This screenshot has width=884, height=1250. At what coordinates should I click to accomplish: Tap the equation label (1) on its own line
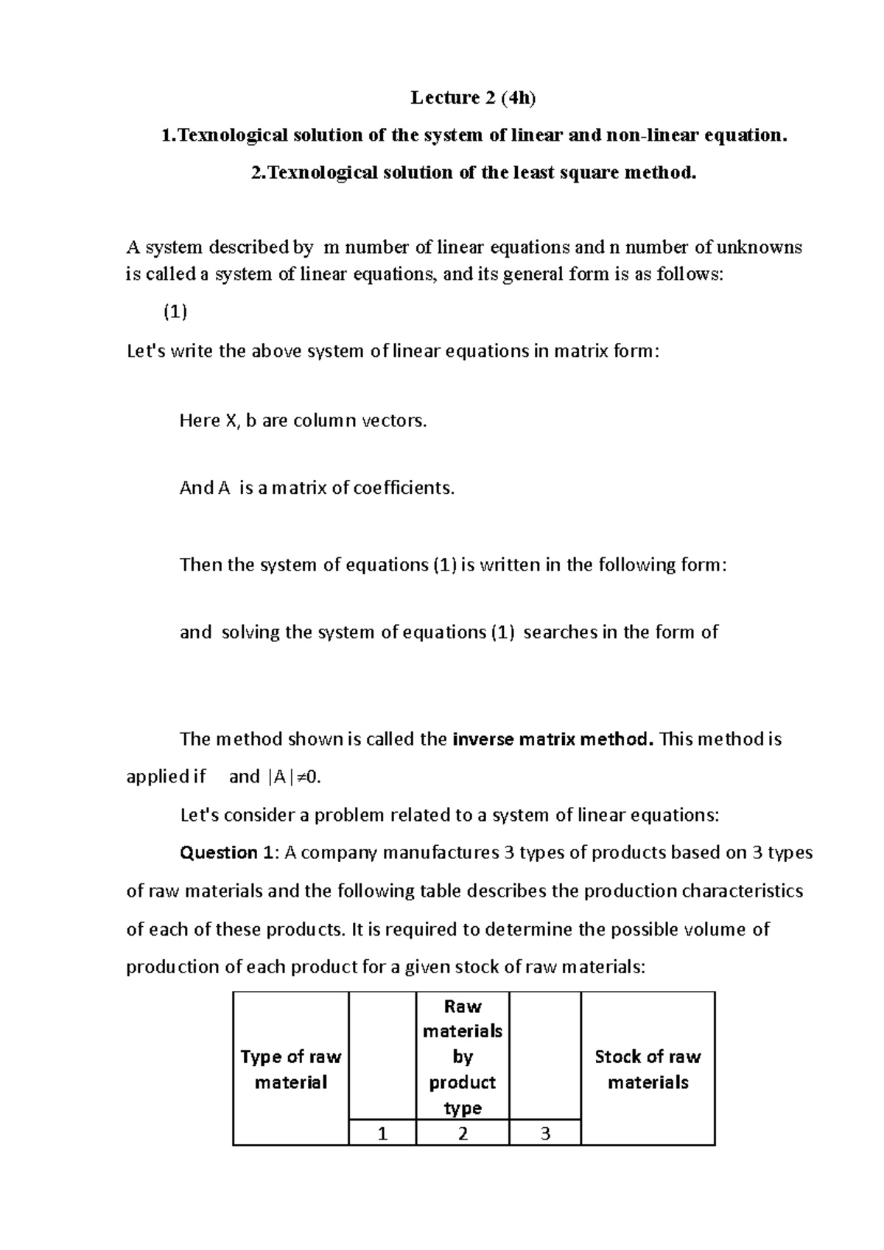(175, 312)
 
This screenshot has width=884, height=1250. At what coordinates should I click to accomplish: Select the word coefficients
(404, 488)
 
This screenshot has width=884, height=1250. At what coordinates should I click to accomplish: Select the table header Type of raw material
(290, 1069)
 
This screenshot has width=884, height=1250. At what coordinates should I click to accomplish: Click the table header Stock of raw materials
(648, 1069)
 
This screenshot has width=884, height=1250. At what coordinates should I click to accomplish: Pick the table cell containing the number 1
(382, 1134)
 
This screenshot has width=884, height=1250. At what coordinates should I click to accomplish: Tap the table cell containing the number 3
(545, 1134)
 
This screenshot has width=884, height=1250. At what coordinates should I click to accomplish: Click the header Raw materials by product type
(463, 1057)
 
